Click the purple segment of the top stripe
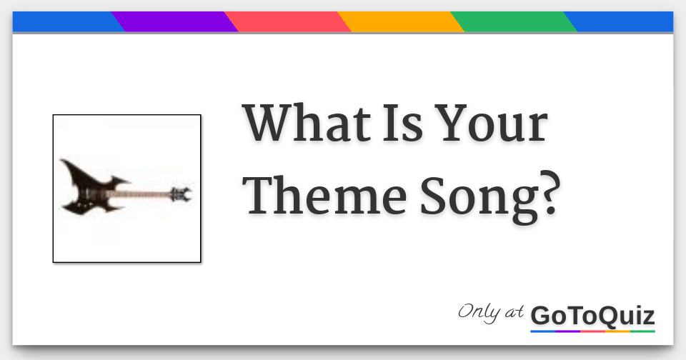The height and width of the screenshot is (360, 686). (x=175, y=22)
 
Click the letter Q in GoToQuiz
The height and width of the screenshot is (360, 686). (x=605, y=315)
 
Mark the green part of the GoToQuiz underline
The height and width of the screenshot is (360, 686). (x=642, y=331)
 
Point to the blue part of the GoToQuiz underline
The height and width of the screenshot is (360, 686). (x=543, y=331)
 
